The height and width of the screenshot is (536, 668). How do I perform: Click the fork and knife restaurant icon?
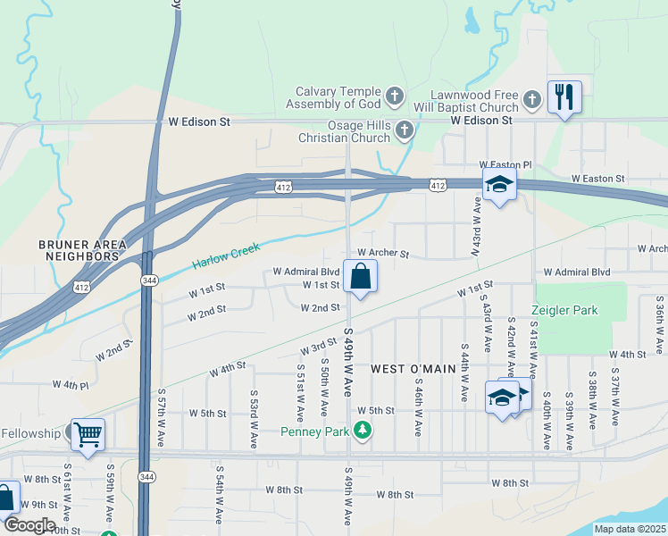tap(564, 96)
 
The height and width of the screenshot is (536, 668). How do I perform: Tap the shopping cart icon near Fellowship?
tap(88, 435)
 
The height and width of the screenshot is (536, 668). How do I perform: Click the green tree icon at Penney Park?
tap(363, 431)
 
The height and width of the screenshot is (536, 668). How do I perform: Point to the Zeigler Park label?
tap(564, 311)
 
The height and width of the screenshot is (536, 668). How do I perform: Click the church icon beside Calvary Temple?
tap(395, 96)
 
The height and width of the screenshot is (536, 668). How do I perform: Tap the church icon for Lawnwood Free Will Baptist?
tap(532, 99)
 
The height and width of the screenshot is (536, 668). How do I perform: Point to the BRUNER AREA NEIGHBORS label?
tap(79, 249)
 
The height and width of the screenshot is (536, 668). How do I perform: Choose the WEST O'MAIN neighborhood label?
tap(407, 368)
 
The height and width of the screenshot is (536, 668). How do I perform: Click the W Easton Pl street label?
tap(505, 165)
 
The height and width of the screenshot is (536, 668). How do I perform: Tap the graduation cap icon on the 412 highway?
tap(499, 185)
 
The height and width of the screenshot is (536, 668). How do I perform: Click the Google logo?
tap(29, 524)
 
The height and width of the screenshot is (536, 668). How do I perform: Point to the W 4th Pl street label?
tap(71, 385)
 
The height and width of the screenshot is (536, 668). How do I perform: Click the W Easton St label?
tap(597, 179)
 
